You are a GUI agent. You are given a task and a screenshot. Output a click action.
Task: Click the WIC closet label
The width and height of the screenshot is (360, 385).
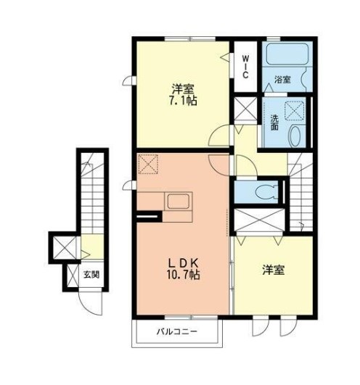pyautogui.click(x=245, y=65)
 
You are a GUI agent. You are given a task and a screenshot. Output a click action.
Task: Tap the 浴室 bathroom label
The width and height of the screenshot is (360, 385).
pyautogui.click(x=283, y=80)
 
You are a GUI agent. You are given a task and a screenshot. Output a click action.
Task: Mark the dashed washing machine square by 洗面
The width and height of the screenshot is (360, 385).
pyautogui.click(x=295, y=109)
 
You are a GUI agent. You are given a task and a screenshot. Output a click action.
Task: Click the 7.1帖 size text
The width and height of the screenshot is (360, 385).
pyautogui.click(x=181, y=102)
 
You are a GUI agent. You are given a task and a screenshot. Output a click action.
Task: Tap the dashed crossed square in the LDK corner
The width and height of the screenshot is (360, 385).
pyautogui.click(x=148, y=165)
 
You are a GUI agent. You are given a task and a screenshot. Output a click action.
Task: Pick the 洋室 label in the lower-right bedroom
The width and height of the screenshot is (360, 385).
pyautogui.click(x=274, y=270)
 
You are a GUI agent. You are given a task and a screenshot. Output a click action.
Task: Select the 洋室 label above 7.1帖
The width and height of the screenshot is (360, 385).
pyautogui.click(x=181, y=89)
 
